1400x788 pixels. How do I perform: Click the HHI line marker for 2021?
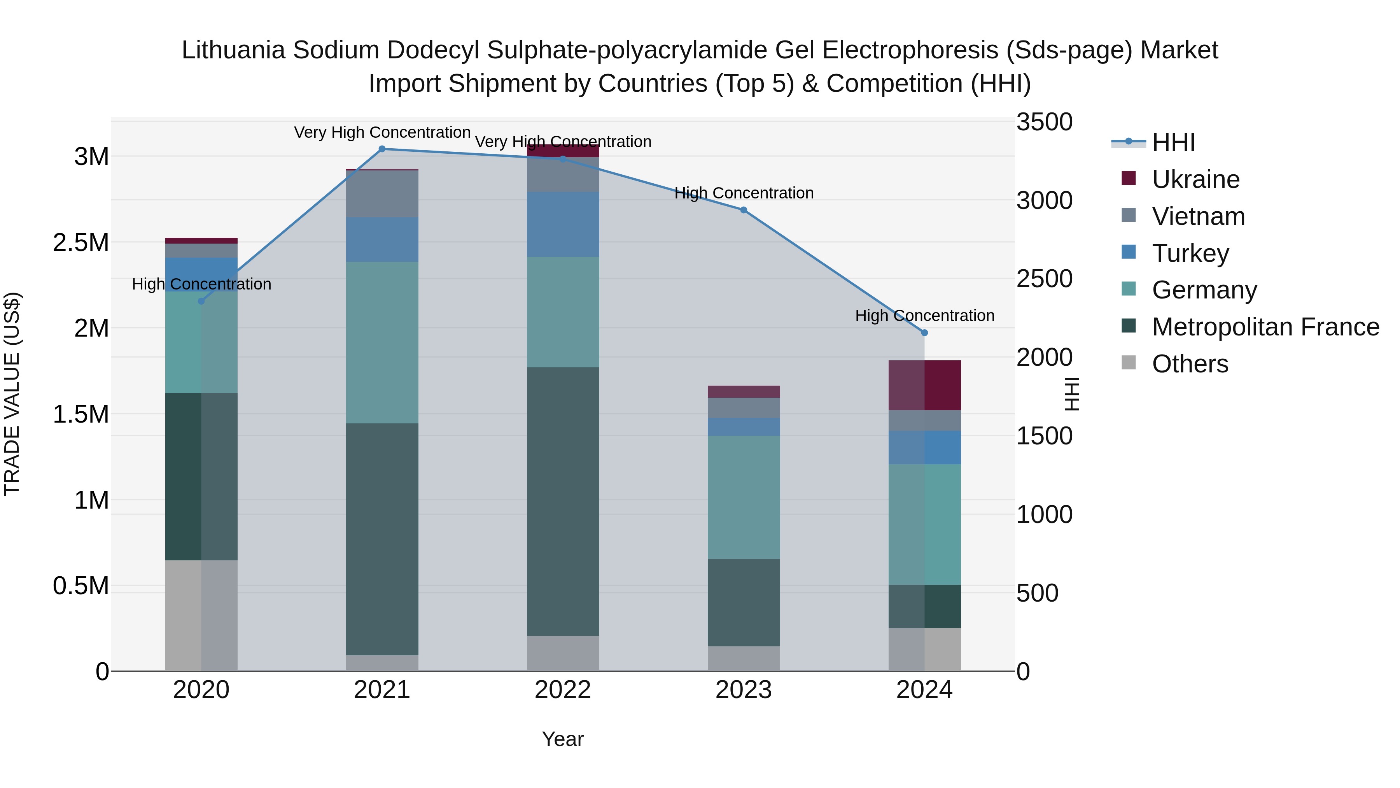381,149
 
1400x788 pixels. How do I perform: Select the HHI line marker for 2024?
924,333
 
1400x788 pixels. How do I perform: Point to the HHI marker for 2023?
744,210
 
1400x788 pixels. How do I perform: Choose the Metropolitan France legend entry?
1265,327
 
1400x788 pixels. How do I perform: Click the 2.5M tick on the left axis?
81,242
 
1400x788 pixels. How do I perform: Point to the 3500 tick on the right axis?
1044,122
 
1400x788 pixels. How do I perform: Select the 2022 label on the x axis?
562,690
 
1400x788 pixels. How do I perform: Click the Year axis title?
562,739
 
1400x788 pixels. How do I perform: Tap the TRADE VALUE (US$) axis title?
12,394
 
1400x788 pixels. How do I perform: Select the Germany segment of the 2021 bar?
381,342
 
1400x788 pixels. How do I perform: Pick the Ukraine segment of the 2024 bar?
924,385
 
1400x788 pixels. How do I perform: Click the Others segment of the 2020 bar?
201,615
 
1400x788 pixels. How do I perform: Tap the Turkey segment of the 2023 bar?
744,426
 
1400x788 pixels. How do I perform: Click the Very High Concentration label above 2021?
381,132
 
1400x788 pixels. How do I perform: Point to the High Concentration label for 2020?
201,284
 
